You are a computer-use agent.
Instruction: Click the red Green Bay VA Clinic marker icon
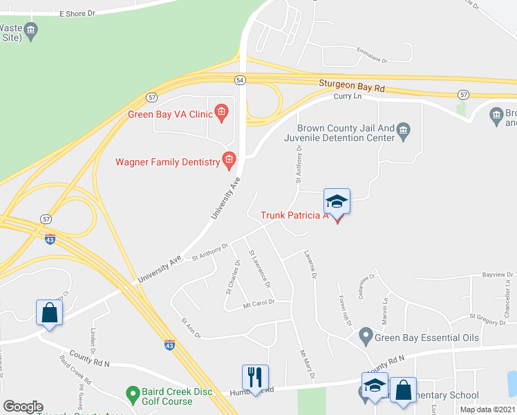pos(221,112)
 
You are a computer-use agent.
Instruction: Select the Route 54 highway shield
pos(240,80)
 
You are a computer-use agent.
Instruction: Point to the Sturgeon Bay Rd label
pos(351,86)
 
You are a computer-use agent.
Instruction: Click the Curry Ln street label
pos(348,97)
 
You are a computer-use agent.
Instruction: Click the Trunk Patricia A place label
pos(294,215)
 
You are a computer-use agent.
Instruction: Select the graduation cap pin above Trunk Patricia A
pos(337,202)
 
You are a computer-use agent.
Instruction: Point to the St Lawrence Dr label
pos(259,269)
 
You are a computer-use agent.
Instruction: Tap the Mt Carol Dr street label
pos(259,303)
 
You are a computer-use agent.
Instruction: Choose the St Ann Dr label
pos(190,328)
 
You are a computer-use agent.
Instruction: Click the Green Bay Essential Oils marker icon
pos(366,338)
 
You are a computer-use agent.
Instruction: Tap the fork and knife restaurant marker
pos(255,378)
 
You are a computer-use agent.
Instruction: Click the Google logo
pos(23,407)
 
